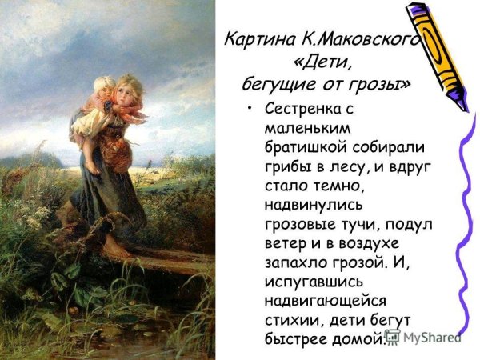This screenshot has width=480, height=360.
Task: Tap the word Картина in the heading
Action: (x=256, y=39)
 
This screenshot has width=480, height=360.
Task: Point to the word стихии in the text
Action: (x=288, y=319)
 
